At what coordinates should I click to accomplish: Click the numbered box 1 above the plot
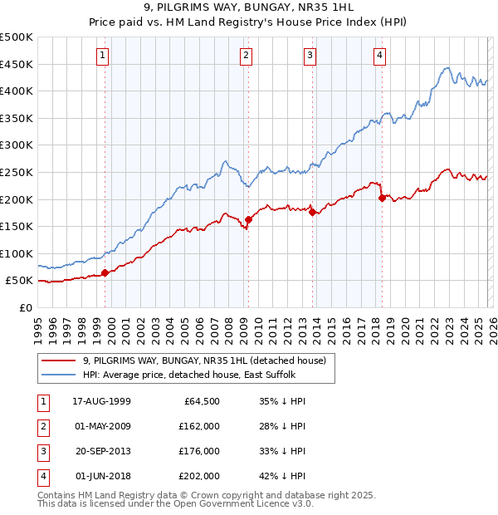point(102,56)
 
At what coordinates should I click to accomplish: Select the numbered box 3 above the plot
point(310,56)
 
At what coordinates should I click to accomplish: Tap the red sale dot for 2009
point(248,219)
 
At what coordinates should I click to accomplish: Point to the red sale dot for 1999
point(105,272)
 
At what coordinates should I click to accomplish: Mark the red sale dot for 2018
point(382,198)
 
